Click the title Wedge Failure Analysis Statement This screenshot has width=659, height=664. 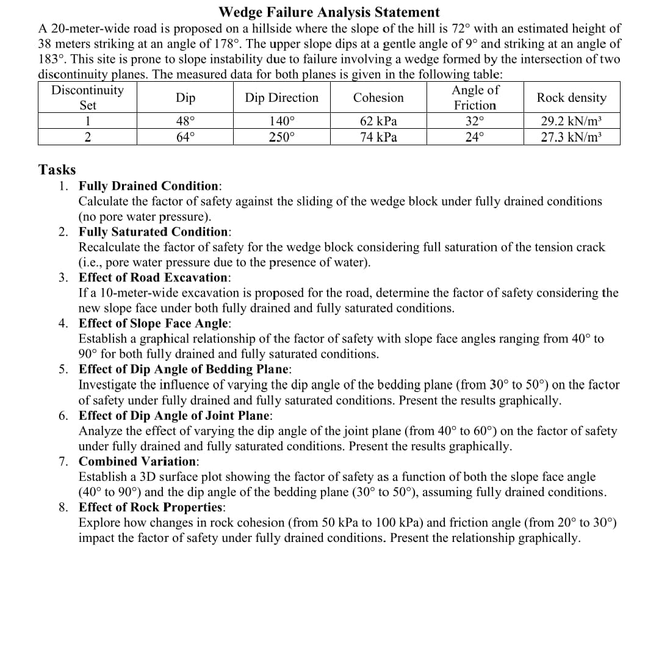(328, 12)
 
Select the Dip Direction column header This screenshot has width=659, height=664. (281, 98)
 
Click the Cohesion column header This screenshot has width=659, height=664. (378, 98)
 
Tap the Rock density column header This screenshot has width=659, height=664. (571, 98)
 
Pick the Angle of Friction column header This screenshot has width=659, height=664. (475, 98)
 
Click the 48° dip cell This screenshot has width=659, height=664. (185, 121)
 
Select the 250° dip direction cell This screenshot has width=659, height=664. (281, 137)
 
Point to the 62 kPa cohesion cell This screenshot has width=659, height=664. (378, 121)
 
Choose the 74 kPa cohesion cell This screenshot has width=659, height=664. (378, 137)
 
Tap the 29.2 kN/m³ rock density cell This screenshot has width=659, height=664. (571, 121)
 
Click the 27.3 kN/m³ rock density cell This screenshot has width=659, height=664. (571, 137)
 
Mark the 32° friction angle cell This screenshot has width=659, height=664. (475, 121)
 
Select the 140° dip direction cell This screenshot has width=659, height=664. (281, 121)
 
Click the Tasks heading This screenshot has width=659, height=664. (57, 169)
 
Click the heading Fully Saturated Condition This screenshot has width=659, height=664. (154, 232)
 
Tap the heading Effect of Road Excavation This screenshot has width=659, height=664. (154, 278)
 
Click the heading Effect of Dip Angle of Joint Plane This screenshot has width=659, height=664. (176, 416)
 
